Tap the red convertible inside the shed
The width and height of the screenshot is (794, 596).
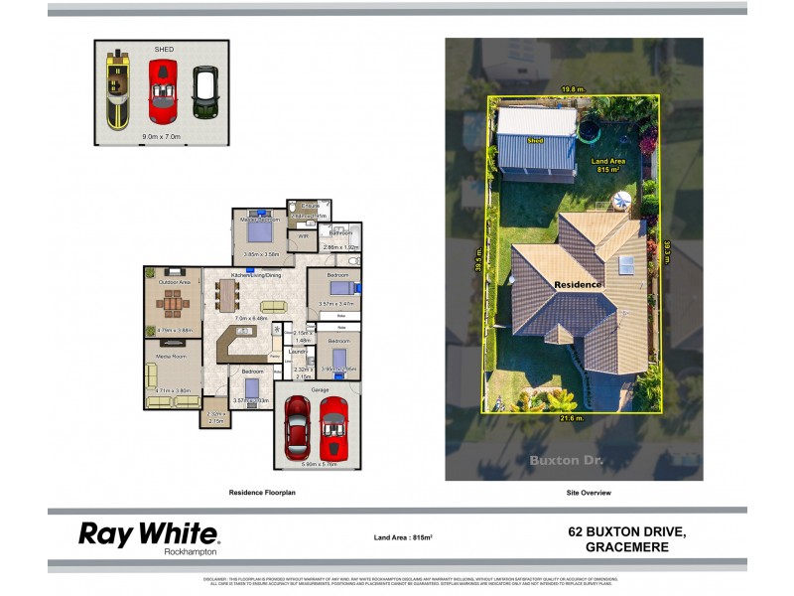pos(162,90)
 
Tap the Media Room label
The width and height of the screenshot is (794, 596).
pos(173,356)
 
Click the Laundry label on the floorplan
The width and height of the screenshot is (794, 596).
pos(297,351)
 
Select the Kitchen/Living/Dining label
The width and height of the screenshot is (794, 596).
pos(257,274)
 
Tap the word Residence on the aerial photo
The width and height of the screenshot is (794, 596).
pos(578,284)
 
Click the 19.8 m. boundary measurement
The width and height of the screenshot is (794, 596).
pos(571,88)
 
